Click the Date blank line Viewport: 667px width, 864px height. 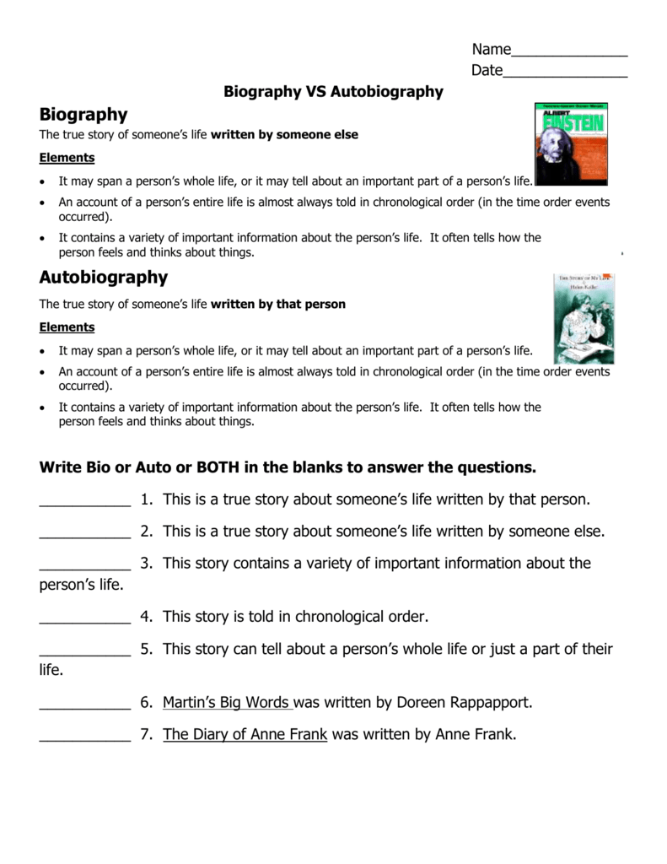click(565, 73)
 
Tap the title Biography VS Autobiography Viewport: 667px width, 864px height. click(333, 92)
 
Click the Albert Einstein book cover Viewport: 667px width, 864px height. click(570, 143)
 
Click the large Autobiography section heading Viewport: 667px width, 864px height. click(104, 278)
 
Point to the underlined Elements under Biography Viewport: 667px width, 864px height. click(67, 158)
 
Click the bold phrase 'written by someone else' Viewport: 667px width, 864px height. click(284, 135)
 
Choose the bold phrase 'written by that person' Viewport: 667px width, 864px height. click(278, 304)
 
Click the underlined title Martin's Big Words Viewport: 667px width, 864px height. click(227, 702)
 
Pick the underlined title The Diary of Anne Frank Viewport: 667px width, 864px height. click(245, 734)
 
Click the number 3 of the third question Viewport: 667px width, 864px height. click(146, 563)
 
